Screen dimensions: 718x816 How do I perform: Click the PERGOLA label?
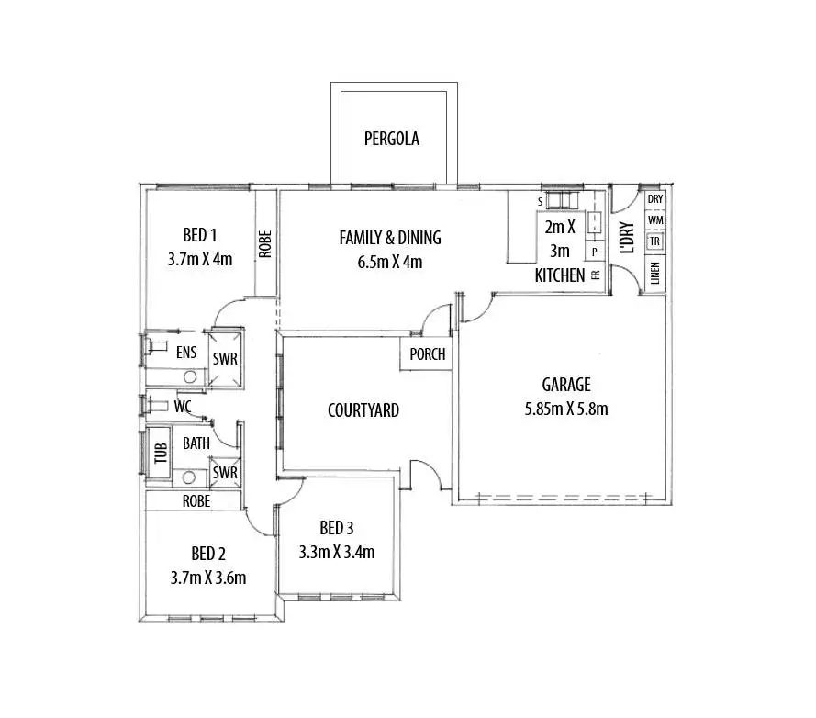click(391, 140)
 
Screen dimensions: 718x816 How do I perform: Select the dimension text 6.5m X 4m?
click(390, 262)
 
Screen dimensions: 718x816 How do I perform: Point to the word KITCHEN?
click(560, 275)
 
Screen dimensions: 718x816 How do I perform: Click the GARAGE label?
click(565, 385)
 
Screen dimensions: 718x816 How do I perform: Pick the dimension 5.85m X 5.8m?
click(565, 409)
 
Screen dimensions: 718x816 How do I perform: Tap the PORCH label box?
click(427, 354)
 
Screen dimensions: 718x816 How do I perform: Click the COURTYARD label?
click(363, 410)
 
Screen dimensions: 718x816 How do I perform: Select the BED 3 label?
click(337, 528)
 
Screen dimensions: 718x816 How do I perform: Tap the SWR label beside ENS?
click(225, 359)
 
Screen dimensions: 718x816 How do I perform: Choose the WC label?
click(183, 405)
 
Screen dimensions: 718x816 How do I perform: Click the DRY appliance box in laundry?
click(655, 199)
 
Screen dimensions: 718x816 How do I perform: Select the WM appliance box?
click(655, 220)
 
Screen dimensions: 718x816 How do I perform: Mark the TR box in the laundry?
click(655, 241)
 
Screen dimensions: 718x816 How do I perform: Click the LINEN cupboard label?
click(655, 274)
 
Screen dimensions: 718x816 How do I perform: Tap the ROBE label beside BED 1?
click(264, 244)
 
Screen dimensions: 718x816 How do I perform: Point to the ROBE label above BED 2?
click(196, 501)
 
